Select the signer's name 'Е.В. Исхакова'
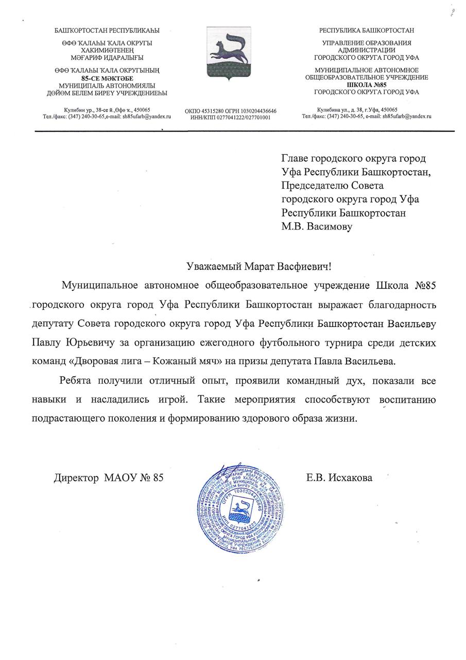coord(339,478)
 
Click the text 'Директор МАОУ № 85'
coord(109,478)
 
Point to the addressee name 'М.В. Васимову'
coord(317,226)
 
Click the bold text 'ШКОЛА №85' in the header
coord(366,85)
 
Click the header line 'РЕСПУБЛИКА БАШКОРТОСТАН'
coord(366,30)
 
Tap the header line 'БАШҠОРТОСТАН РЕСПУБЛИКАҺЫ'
coord(107,30)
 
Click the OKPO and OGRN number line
coord(230,111)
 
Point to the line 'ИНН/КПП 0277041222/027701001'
coord(230,118)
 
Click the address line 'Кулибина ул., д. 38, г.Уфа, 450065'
coord(357,109)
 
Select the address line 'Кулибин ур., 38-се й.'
coord(107,110)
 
